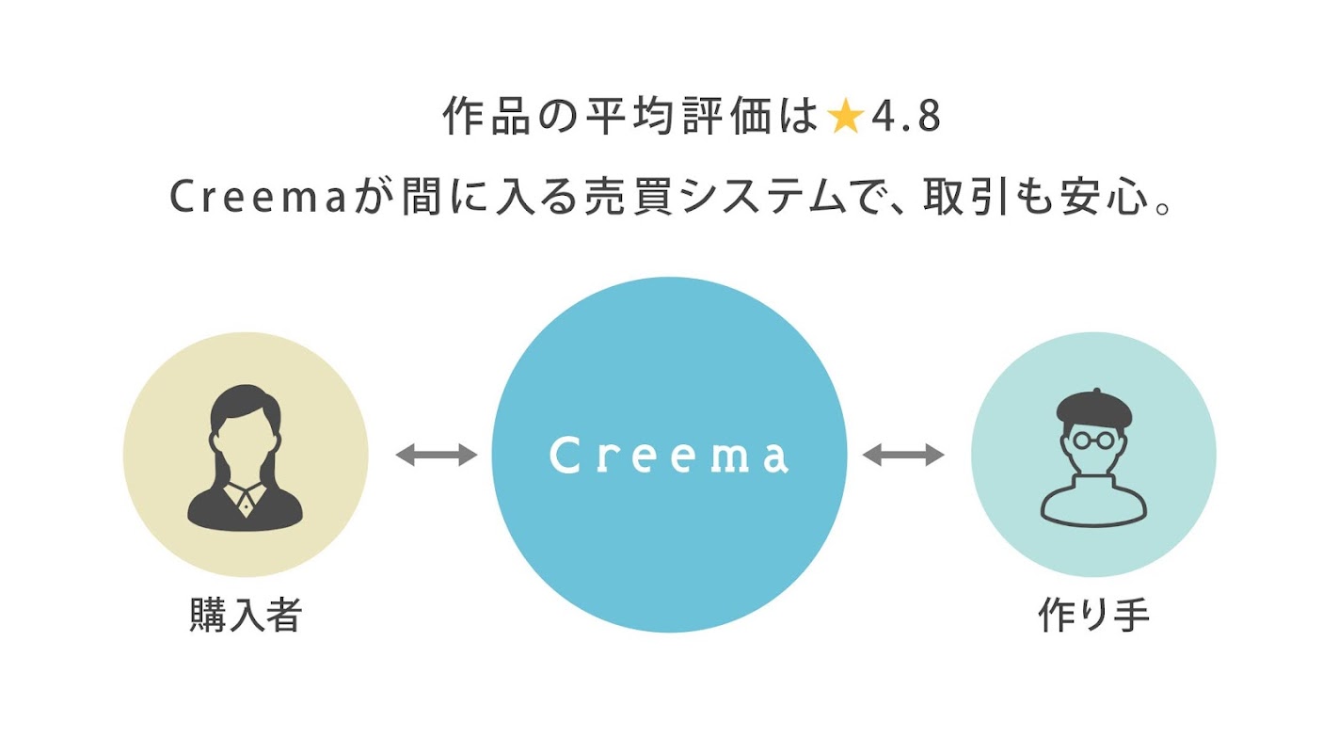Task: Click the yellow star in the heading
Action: click(x=845, y=119)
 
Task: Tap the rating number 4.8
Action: click(x=905, y=119)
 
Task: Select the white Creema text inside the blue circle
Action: click(x=669, y=456)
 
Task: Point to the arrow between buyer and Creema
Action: click(x=436, y=456)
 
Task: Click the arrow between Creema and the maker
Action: click(x=902, y=456)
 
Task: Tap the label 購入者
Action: click(x=245, y=616)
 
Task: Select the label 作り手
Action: click(x=1093, y=616)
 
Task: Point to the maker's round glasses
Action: click(x=1091, y=440)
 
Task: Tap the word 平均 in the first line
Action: click(x=616, y=119)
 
